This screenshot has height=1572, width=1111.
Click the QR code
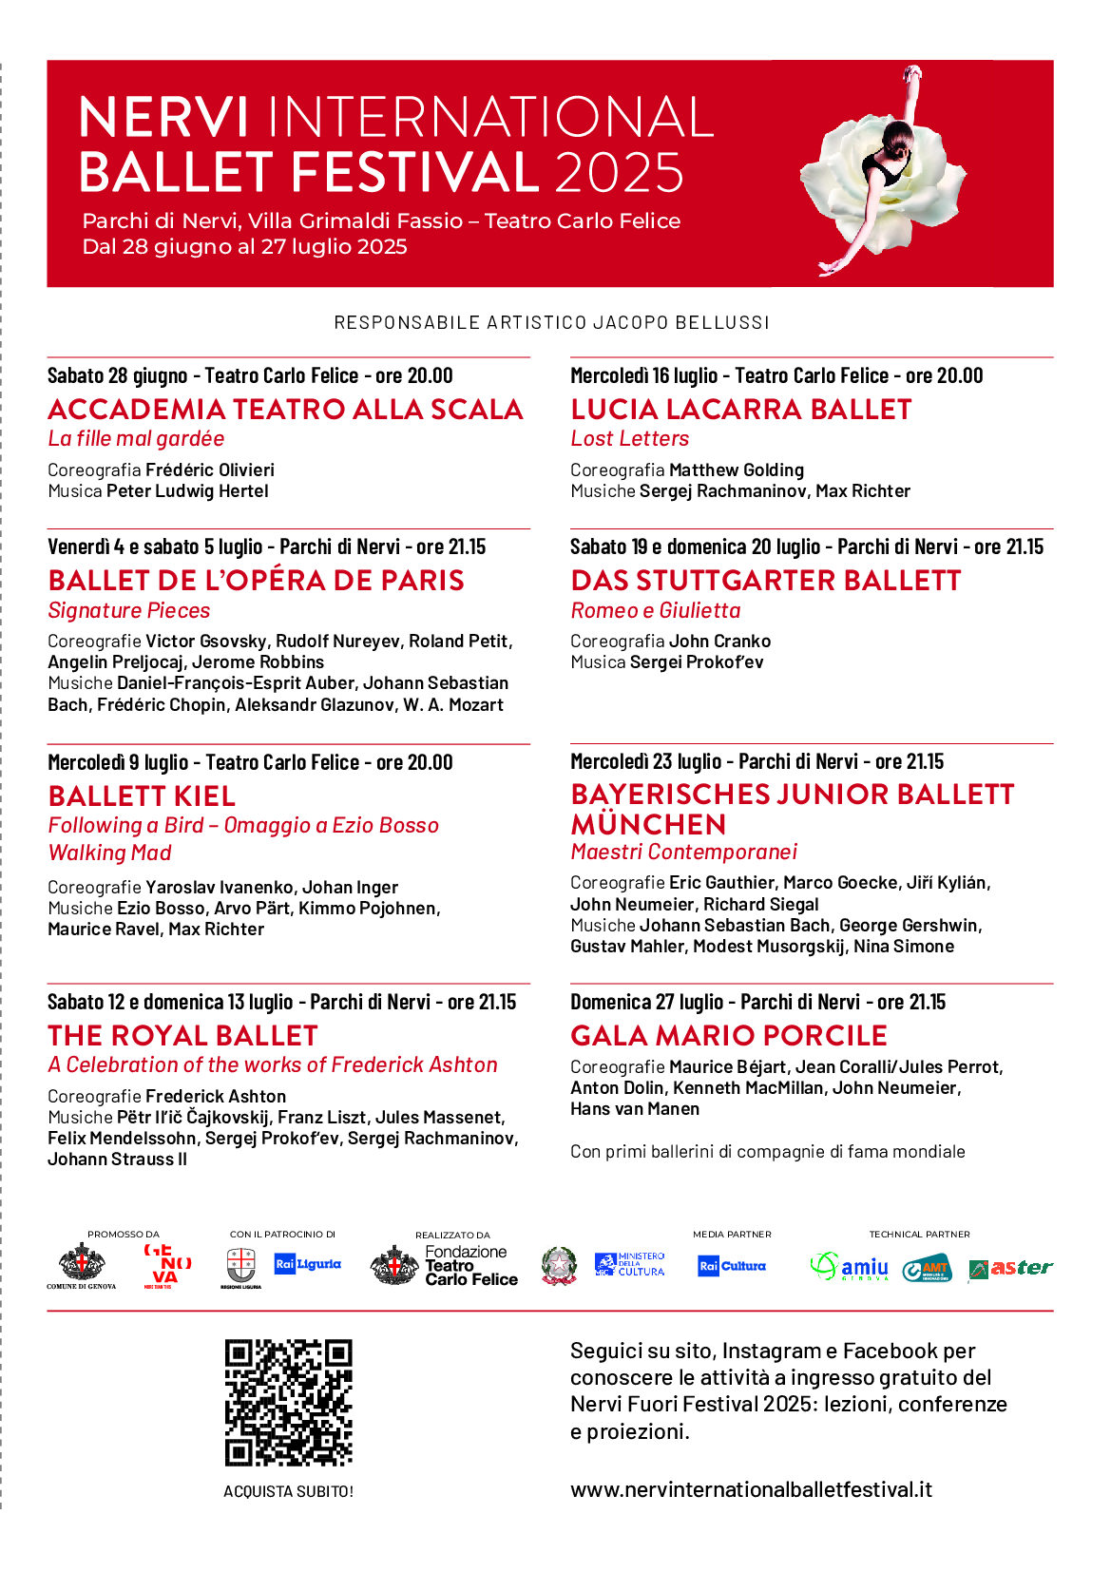(288, 1403)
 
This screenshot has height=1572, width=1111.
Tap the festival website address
(751, 1489)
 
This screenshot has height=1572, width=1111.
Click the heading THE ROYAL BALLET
(182, 1035)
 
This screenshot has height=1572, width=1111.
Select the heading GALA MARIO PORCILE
(729, 1035)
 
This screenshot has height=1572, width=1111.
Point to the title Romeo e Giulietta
(655, 610)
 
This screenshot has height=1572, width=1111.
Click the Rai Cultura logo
(731, 1266)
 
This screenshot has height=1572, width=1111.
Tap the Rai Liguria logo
(307, 1264)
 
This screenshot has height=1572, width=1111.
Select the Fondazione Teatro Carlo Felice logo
(445, 1266)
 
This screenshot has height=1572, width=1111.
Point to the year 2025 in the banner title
(619, 172)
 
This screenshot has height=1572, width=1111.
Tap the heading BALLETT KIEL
(142, 796)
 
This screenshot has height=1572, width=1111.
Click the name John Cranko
(719, 642)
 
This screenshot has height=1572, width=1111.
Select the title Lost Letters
(629, 438)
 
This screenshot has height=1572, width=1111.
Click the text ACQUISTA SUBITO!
(288, 1491)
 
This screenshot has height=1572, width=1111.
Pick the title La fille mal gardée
(136, 438)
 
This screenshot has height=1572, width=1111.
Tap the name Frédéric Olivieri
(210, 470)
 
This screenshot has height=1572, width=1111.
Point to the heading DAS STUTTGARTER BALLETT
(765, 580)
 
